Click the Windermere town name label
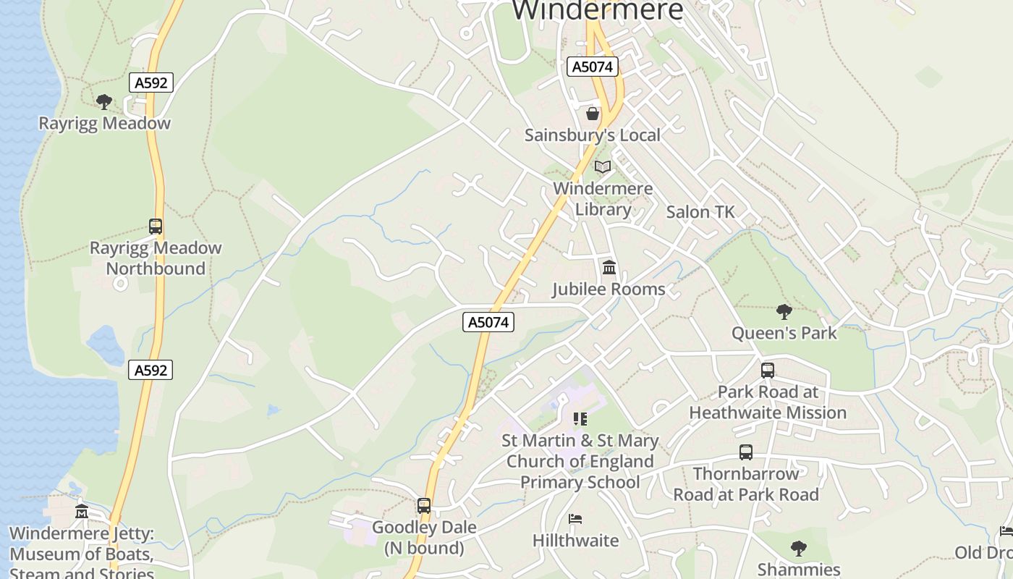click(x=598, y=10)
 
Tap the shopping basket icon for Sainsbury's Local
click(x=593, y=114)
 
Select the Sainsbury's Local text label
click(x=593, y=135)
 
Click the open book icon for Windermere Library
click(x=603, y=167)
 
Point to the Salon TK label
click(x=700, y=212)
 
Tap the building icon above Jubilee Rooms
click(x=609, y=268)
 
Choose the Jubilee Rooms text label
click(x=609, y=289)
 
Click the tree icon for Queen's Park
click(x=784, y=312)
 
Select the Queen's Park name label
click(x=784, y=334)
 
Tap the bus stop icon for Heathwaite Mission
click(x=768, y=371)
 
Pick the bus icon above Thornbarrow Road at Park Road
click(x=746, y=452)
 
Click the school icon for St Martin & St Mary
click(x=580, y=419)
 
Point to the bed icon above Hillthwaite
click(x=575, y=519)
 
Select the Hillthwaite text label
click(x=575, y=541)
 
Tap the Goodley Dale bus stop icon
click(x=424, y=506)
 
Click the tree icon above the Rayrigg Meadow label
click(x=104, y=101)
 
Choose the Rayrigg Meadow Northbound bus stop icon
click(x=156, y=227)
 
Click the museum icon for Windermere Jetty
click(x=82, y=512)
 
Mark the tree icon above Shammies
click(x=799, y=549)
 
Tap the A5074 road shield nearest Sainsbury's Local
click(x=592, y=67)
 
